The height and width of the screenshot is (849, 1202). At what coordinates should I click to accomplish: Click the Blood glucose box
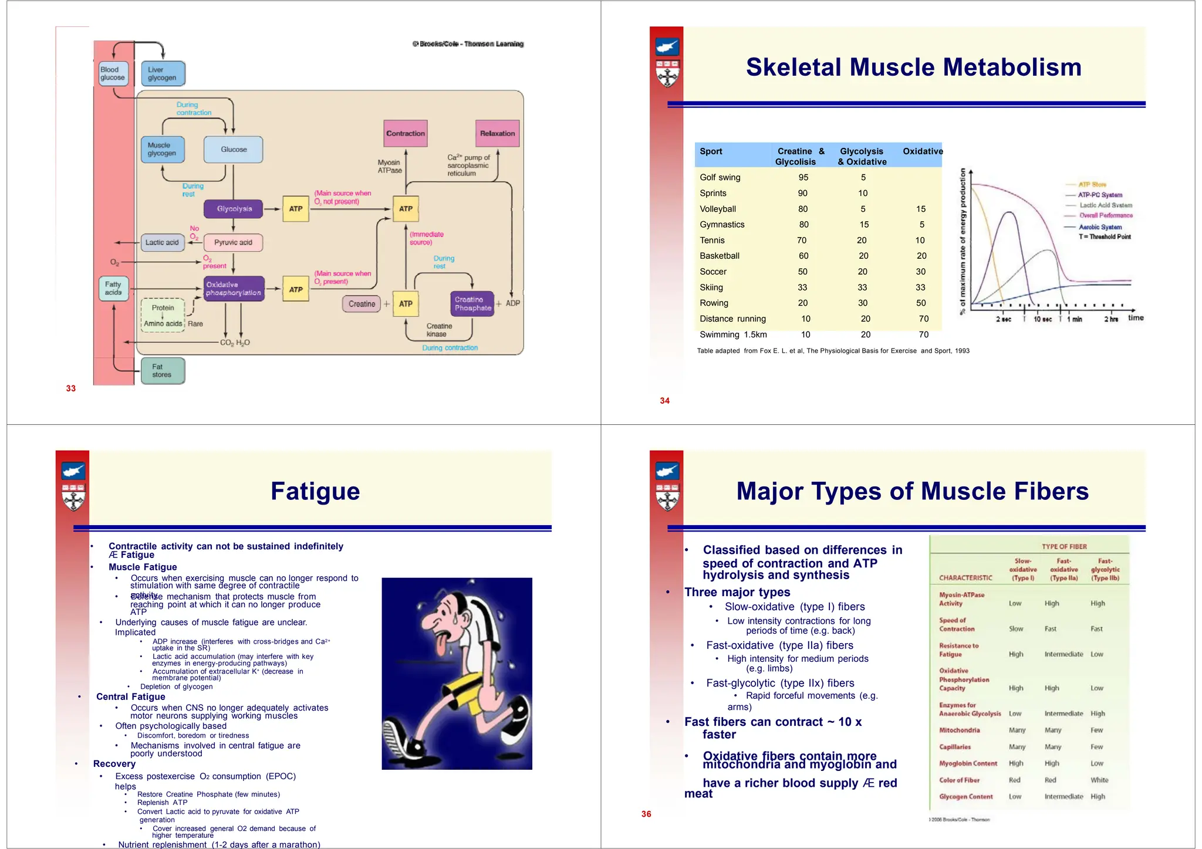[x=113, y=74]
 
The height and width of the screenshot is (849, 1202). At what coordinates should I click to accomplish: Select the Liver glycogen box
[x=163, y=74]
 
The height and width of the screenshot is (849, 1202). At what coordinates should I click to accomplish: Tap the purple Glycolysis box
[x=234, y=209]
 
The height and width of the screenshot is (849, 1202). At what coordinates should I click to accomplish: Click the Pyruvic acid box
[x=233, y=242]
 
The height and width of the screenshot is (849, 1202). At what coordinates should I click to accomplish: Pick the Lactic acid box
[x=162, y=242]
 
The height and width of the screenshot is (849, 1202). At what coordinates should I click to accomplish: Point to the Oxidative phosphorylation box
[x=234, y=289]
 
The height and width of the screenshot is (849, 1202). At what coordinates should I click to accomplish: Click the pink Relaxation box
[x=497, y=134]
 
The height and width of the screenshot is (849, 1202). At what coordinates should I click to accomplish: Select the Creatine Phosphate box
[x=472, y=304]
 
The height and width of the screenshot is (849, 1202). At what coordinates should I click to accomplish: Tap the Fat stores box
[x=162, y=371]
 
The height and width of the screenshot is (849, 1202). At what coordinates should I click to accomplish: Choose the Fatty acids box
[x=113, y=288]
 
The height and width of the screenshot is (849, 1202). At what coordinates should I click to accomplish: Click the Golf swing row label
[x=720, y=177]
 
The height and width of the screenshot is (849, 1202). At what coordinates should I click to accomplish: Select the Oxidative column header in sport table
[x=923, y=151]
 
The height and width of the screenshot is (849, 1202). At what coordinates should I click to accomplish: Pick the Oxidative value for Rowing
[x=921, y=303]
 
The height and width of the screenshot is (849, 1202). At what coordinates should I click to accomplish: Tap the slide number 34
[x=664, y=401]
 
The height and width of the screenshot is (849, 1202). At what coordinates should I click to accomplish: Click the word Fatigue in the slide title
[x=315, y=491]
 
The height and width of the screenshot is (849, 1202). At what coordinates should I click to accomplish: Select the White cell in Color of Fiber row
[x=1099, y=780]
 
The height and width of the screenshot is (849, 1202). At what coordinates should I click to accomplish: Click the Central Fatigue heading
[x=130, y=696]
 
